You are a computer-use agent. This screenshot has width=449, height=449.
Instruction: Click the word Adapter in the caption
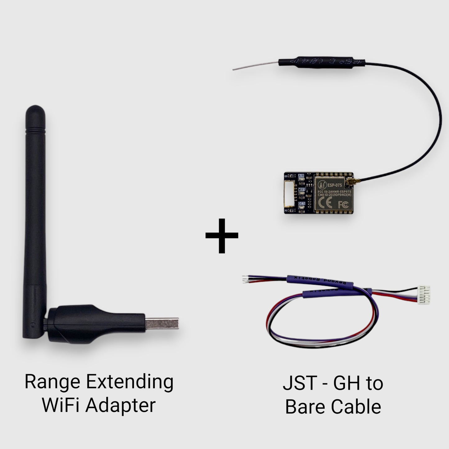pos(121,406)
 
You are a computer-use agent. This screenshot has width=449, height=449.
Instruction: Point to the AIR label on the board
pos(301,176)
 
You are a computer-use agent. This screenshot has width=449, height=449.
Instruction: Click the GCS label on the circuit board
pos(301,203)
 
